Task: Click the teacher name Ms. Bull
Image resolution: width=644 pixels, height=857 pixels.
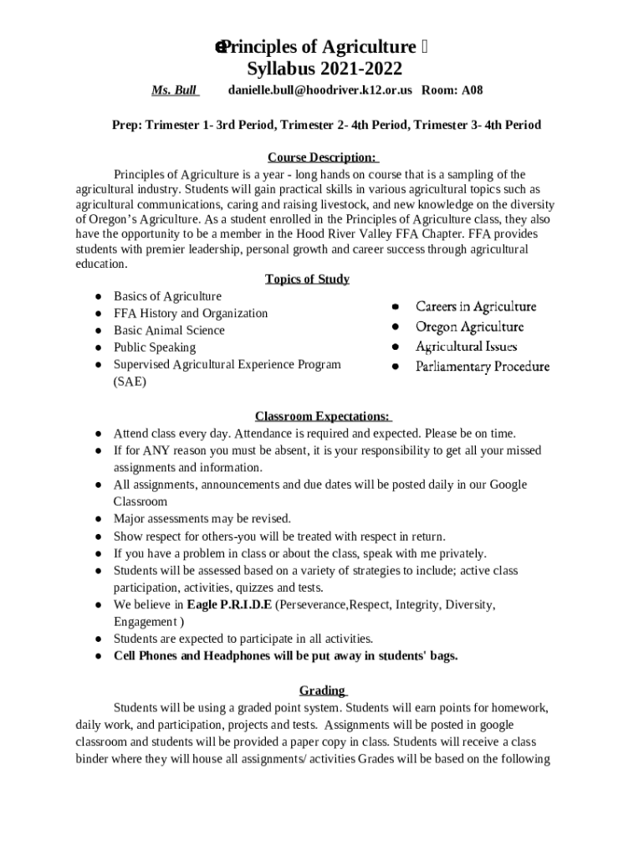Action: tap(173, 90)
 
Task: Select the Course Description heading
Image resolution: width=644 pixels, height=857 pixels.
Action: tap(323, 157)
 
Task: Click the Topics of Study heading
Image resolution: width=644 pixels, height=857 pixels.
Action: tap(307, 279)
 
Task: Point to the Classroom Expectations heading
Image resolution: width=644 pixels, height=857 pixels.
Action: tap(323, 416)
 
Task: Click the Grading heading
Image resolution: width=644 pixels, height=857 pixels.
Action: tap(322, 690)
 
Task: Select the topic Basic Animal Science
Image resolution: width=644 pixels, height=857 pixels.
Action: tap(169, 330)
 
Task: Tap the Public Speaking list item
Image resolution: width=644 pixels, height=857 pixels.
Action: tap(155, 347)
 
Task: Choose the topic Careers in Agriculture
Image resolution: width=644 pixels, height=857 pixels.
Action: tap(476, 306)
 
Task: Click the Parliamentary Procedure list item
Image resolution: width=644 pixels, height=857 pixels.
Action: tap(483, 367)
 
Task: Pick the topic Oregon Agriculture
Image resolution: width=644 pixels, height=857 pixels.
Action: tap(469, 326)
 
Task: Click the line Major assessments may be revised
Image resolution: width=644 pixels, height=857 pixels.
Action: tap(202, 519)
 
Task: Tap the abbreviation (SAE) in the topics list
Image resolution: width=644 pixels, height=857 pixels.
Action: tap(130, 382)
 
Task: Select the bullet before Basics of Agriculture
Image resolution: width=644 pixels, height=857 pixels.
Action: tap(98, 296)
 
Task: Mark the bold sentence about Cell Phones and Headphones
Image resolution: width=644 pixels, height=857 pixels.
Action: tap(285, 655)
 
